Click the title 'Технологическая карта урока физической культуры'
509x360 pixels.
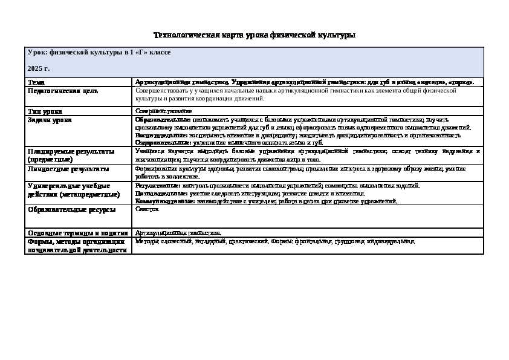coord(254,35)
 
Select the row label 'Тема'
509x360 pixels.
coord(36,82)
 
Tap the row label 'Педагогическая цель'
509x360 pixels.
coord(63,91)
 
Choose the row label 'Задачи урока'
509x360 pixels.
coord(50,120)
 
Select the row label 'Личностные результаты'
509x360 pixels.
coord(68,169)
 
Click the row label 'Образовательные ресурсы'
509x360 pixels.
coord(71,209)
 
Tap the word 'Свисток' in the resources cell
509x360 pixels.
coord(147,209)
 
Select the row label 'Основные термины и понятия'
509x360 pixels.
coord(77,232)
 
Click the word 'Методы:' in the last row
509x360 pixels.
coord(145,241)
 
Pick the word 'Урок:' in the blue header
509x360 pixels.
coord(37,53)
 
